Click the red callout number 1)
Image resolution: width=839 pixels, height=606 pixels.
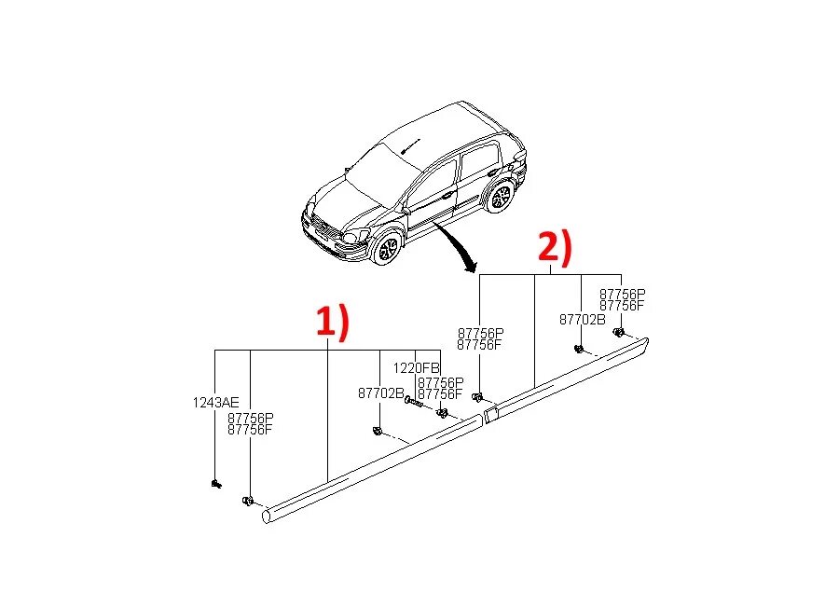click(x=330, y=322)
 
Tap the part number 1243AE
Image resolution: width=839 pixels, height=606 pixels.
click(x=215, y=403)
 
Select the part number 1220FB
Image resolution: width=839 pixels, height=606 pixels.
click(x=415, y=367)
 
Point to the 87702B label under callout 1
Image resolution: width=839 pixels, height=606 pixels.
click(x=380, y=393)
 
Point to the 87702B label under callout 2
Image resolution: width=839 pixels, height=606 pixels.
click(x=582, y=319)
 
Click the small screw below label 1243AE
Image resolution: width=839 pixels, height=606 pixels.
click(x=216, y=484)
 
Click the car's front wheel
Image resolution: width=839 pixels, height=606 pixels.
click(x=385, y=248)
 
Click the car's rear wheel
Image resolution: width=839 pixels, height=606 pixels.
click(x=502, y=197)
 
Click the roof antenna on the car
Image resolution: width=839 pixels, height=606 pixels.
click(x=406, y=145)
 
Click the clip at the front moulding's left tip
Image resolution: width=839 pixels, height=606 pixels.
click(x=249, y=502)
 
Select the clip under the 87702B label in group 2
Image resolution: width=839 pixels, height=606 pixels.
click(x=578, y=350)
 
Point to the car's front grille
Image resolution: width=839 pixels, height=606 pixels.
click(x=322, y=227)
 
